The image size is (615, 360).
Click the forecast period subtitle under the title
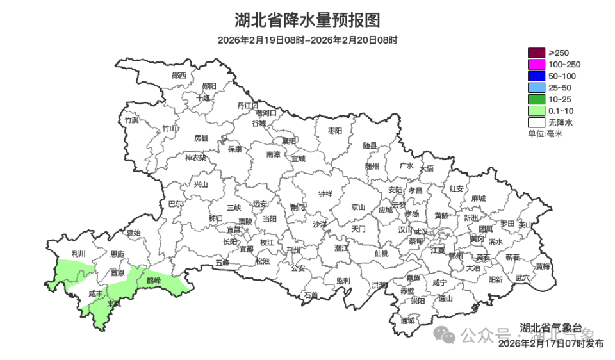point(307,40)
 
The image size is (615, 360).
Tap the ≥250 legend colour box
point(536,53)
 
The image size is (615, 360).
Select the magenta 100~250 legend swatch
point(536,64)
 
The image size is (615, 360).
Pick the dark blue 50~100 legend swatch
point(536,76)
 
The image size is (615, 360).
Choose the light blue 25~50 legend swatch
point(536,87)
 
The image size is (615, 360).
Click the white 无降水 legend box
point(536,122)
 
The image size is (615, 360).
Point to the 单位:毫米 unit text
point(545,133)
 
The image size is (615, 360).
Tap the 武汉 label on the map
point(422,231)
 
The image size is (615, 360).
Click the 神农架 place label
point(196,158)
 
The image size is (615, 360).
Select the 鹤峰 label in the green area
point(154,280)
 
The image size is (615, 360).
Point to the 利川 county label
point(79,254)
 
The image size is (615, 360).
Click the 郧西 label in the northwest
point(179,75)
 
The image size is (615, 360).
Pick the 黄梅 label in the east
point(543,266)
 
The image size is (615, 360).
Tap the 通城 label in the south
point(407,320)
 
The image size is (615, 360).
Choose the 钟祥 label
point(325,194)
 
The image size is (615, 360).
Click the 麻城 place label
point(478,199)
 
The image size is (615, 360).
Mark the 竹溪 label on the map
point(132,119)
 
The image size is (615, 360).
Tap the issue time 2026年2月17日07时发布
point(550,344)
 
